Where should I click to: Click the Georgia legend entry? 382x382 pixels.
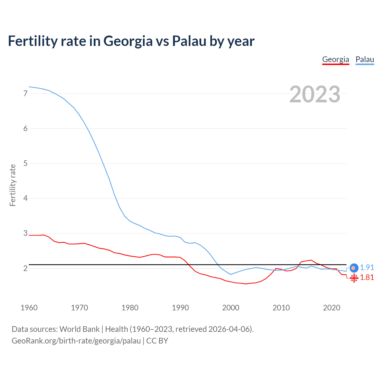[x=335, y=59]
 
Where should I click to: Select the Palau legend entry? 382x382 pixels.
[x=365, y=59]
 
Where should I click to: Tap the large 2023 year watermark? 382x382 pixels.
[x=315, y=94]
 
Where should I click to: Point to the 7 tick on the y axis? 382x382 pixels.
[x=25, y=94]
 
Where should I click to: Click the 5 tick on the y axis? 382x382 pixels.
[x=25, y=164]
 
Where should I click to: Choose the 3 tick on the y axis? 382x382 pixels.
[x=25, y=233]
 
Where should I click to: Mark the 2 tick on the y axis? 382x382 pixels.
[x=25, y=268]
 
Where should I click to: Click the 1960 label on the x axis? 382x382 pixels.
[x=29, y=308]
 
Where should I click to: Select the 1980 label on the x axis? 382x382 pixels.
[x=130, y=308]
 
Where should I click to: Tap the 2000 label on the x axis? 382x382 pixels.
[x=231, y=308]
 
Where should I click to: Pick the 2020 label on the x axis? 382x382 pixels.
[x=332, y=308]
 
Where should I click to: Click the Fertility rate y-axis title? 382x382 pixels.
[x=13, y=185]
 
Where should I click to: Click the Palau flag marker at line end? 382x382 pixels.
[x=354, y=268]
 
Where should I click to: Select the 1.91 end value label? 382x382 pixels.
[x=367, y=268]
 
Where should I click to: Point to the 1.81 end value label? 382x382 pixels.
[x=367, y=278]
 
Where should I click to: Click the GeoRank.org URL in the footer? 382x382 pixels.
[x=76, y=341]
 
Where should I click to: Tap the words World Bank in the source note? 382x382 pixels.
[x=79, y=329]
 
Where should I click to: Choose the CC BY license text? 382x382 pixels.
[x=157, y=341]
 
